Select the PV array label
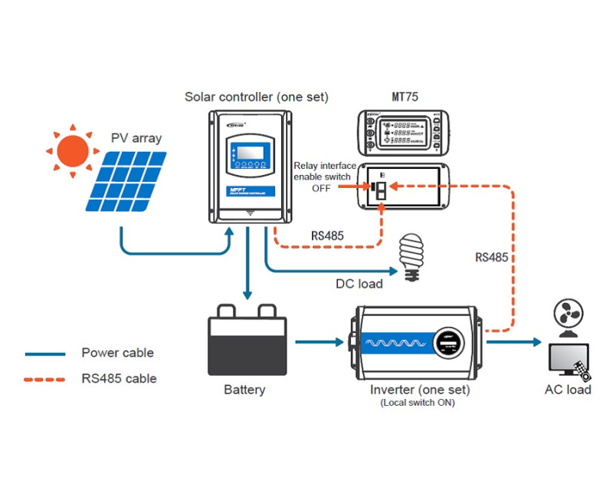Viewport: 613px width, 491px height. [136, 138]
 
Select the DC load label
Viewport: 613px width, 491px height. [359, 284]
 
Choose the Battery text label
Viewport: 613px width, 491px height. [244, 390]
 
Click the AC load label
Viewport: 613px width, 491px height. [568, 390]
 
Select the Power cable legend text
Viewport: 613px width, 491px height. [117, 354]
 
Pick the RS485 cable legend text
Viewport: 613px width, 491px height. [119, 378]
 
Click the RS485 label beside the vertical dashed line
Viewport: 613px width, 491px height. [491, 258]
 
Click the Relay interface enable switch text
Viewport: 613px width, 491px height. [326, 171]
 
